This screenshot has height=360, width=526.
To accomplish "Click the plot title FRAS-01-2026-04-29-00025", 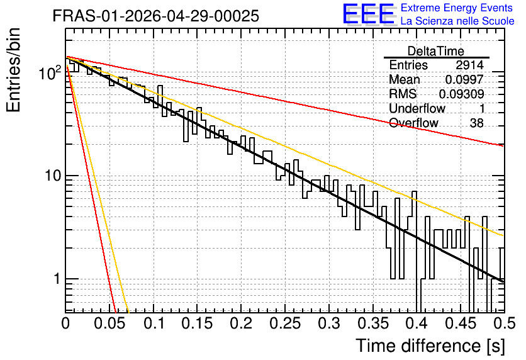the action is pos(156,16).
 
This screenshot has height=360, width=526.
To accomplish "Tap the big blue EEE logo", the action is pos(369,14).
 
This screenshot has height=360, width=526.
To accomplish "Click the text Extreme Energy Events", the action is pos(457,8).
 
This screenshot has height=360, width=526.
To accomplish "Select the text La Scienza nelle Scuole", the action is pos(457,21).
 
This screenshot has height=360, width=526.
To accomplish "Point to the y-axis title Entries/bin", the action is pos(13,70).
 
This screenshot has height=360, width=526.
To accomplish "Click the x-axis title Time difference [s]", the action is pos(430,346).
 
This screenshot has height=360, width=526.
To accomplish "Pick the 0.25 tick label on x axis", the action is pos(285,323).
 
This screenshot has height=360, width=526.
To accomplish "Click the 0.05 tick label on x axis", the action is pos(109,323).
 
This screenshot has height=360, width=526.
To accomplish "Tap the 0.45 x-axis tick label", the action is pos(461,323).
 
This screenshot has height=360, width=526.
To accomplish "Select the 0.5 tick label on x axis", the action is pos(504,323).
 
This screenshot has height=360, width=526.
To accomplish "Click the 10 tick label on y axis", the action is pos(53,176).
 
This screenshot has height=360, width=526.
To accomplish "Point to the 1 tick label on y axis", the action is pos(57,278).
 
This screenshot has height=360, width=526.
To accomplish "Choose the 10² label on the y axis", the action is pos(50,73).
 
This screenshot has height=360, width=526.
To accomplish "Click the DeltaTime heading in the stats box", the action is pos(436,51).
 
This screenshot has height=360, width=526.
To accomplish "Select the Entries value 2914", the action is pos(469,65).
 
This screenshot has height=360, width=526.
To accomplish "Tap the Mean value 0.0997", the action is pos(464,79).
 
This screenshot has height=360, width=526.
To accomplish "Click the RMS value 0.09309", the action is pos(462,94).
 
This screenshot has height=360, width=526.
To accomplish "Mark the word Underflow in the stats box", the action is pos(417,108).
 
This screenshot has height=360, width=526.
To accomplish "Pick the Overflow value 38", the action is pos(477,123).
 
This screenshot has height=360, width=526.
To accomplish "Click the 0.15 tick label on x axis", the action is pos(198,323).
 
